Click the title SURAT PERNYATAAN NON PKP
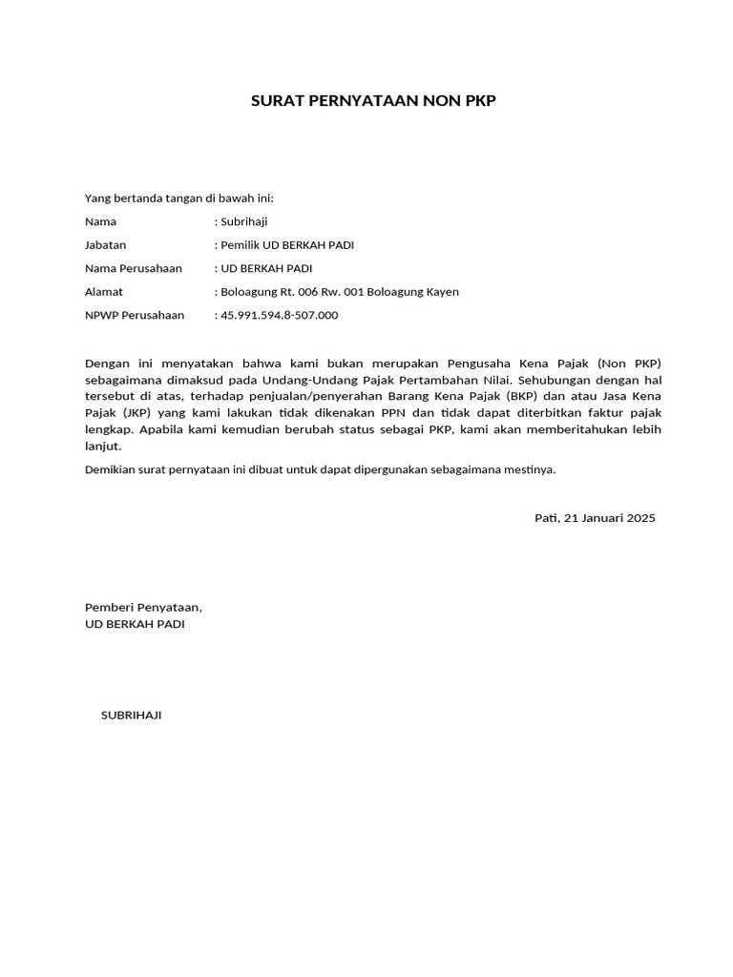click(373, 101)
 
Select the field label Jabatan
click(105, 245)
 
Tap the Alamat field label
click(103, 292)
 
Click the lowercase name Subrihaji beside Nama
click(244, 221)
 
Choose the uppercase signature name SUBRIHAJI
click(132, 715)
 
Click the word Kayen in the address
click(442, 292)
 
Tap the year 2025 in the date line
click(640, 518)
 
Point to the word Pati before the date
click(545, 518)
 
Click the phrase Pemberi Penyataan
click(143, 608)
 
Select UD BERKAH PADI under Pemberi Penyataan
click(136, 624)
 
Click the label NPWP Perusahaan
click(135, 315)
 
